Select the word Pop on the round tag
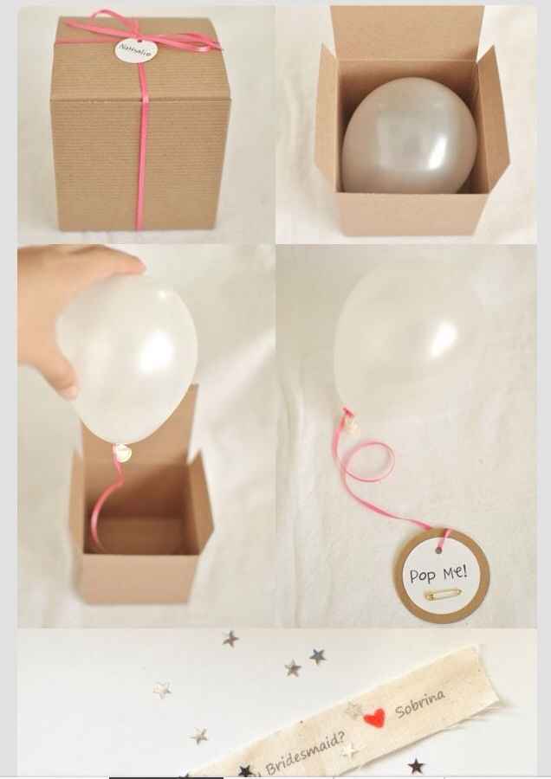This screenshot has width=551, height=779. point(424,576)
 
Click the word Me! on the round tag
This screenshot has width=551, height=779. point(452,571)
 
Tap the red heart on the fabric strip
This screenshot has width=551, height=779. point(373,718)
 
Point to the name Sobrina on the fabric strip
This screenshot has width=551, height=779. point(420,704)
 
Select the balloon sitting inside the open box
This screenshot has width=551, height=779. point(409,136)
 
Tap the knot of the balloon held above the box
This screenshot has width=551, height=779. point(124,451)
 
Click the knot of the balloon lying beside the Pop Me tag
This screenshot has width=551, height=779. point(350,422)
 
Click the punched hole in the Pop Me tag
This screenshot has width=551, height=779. point(443,544)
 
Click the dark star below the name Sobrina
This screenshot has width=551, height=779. point(416,766)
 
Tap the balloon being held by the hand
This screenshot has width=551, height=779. point(130,355)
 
